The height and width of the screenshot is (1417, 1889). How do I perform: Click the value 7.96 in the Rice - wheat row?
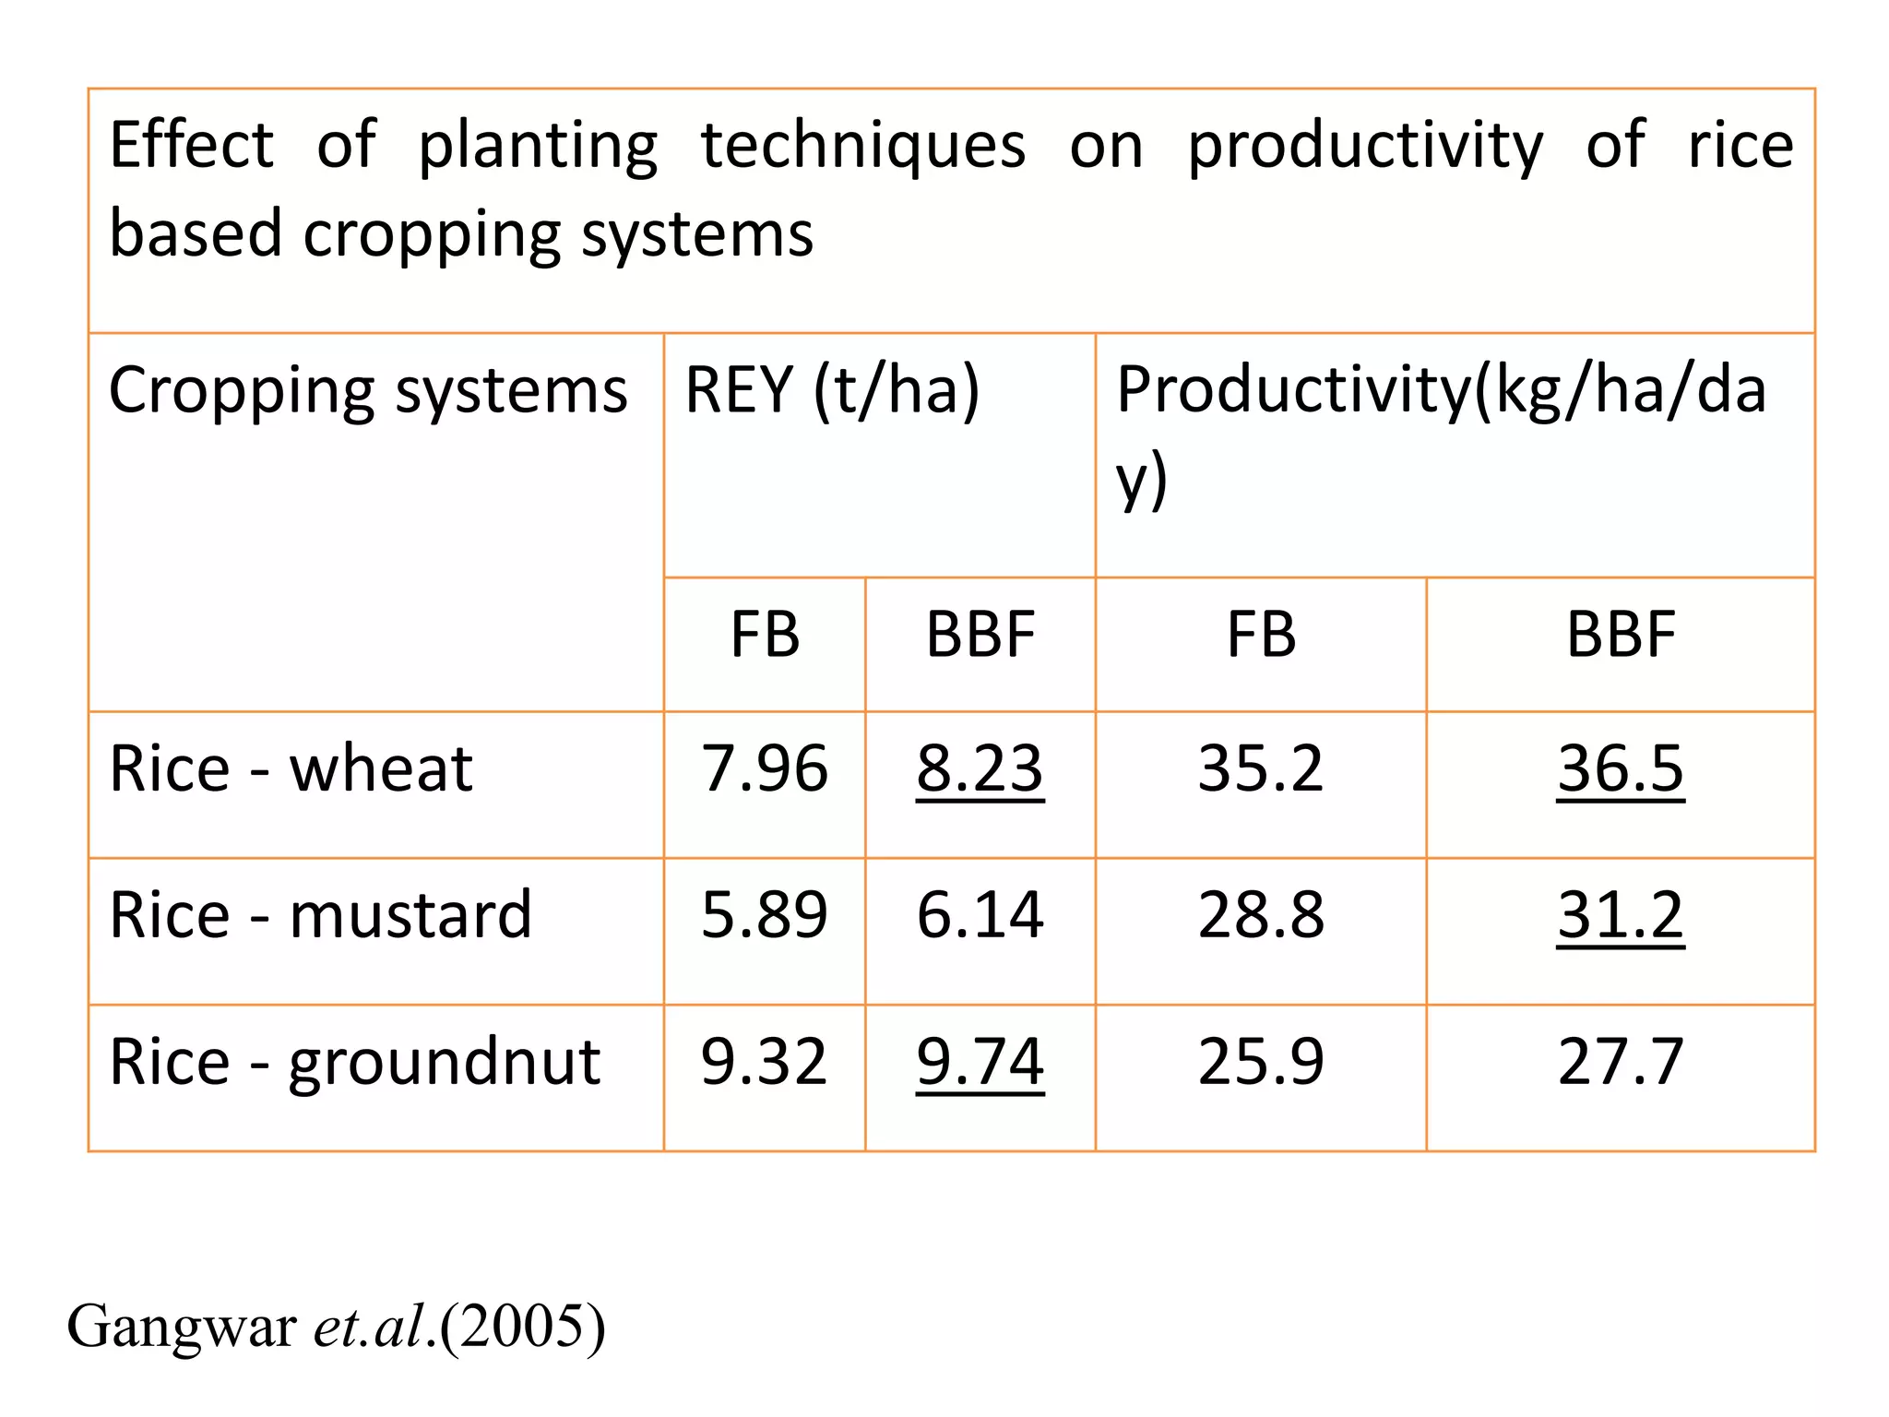(x=764, y=768)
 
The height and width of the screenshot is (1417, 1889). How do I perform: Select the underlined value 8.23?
(x=980, y=768)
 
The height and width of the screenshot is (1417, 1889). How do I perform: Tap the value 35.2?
(x=1260, y=768)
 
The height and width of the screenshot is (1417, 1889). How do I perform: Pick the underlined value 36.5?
(x=1620, y=768)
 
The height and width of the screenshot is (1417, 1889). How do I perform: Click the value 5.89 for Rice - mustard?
(x=764, y=915)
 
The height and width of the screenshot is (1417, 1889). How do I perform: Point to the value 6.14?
(x=980, y=915)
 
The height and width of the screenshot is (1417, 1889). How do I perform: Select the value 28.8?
(x=1260, y=915)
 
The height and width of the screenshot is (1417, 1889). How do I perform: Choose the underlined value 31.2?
(x=1620, y=915)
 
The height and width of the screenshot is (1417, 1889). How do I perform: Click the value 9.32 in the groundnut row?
(x=764, y=1062)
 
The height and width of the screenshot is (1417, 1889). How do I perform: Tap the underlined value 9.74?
(x=980, y=1062)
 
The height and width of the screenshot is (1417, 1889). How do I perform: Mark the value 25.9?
(x=1260, y=1062)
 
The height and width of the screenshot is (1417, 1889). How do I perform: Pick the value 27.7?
(x=1620, y=1062)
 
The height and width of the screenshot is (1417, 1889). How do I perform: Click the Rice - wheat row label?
(x=291, y=768)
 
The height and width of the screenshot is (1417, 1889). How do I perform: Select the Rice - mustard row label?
(x=320, y=915)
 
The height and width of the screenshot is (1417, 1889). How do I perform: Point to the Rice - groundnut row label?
(x=354, y=1062)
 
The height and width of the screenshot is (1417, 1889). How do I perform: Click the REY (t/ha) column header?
(x=832, y=391)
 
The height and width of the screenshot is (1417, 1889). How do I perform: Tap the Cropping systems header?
(x=368, y=391)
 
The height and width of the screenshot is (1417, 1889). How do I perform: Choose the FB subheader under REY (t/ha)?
(x=764, y=636)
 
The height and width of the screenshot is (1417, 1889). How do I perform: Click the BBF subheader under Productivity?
(x=1620, y=636)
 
